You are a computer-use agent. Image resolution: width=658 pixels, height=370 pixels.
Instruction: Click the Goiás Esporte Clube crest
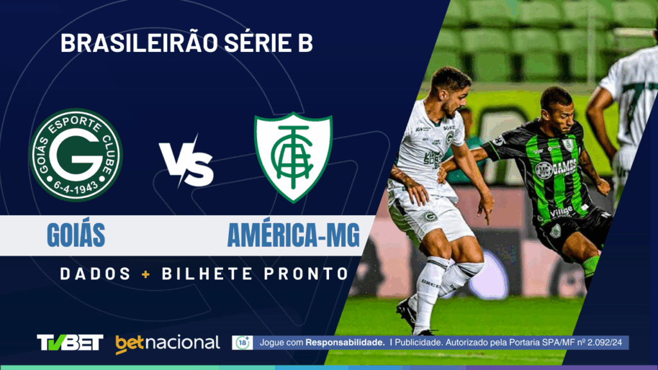coord(76,155)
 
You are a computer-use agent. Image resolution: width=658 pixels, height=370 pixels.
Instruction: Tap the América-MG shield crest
coord(294,156)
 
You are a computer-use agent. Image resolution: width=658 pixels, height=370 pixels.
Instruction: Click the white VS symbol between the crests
coord(186,164)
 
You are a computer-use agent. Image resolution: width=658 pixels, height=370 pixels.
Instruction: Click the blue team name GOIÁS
coord(76,236)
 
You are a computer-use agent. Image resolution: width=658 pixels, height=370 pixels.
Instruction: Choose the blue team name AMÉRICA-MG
coord(293,236)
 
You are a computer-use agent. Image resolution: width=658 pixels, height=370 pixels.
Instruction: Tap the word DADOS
coord(96,274)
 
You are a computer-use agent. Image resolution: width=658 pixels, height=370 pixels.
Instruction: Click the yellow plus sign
coord(147,274)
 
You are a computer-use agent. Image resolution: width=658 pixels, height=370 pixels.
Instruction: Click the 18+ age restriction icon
coord(242,343)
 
